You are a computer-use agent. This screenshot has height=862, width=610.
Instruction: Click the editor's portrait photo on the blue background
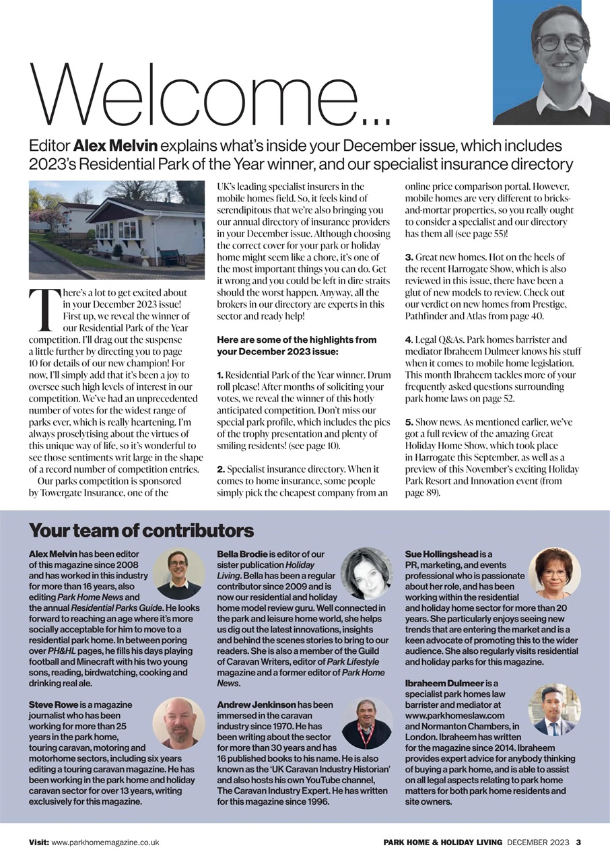pyautogui.click(x=551, y=62)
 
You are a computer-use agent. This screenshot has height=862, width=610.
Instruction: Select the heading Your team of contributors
pyautogui.click(x=141, y=530)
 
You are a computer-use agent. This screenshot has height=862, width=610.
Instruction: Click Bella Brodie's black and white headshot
pyautogui.click(x=366, y=573)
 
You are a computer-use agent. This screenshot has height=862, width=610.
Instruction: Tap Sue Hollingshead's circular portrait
pyautogui.click(x=554, y=572)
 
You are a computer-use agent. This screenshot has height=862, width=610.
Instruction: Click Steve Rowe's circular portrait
pyautogui.click(x=178, y=723)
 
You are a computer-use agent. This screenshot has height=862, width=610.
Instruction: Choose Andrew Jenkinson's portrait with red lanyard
pyautogui.click(x=366, y=723)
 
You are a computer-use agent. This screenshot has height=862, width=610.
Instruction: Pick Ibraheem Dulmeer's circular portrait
pyautogui.click(x=554, y=710)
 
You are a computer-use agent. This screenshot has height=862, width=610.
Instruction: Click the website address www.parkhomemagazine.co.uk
pyautogui.click(x=105, y=842)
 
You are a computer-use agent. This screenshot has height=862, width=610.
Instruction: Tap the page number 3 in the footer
pyautogui.click(x=578, y=842)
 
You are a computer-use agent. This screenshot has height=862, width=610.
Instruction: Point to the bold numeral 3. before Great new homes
pyautogui.click(x=409, y=257)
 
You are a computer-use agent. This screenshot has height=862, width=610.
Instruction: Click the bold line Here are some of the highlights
pyautogui.click(x=296, y=339)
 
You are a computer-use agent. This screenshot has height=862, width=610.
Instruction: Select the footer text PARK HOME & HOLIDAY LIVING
pyautogui.click(x=443, y=842)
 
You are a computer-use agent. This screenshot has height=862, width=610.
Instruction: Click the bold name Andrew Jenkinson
pyautogui.click(x=256, y=704)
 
